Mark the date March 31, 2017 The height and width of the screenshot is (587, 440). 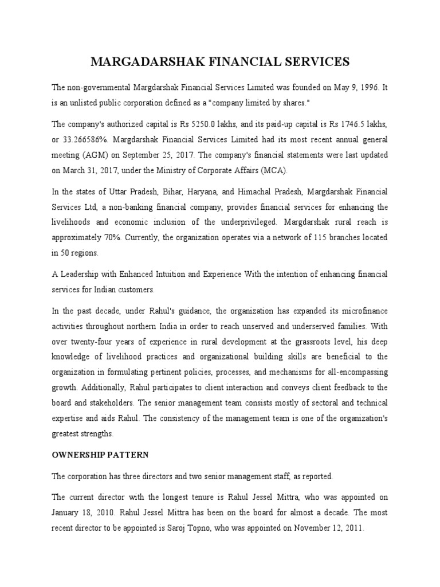click(x=89, y=170)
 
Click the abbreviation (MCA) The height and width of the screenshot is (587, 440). click(x=274, y=170)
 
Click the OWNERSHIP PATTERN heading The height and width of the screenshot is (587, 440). click(x=100, y=455)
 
